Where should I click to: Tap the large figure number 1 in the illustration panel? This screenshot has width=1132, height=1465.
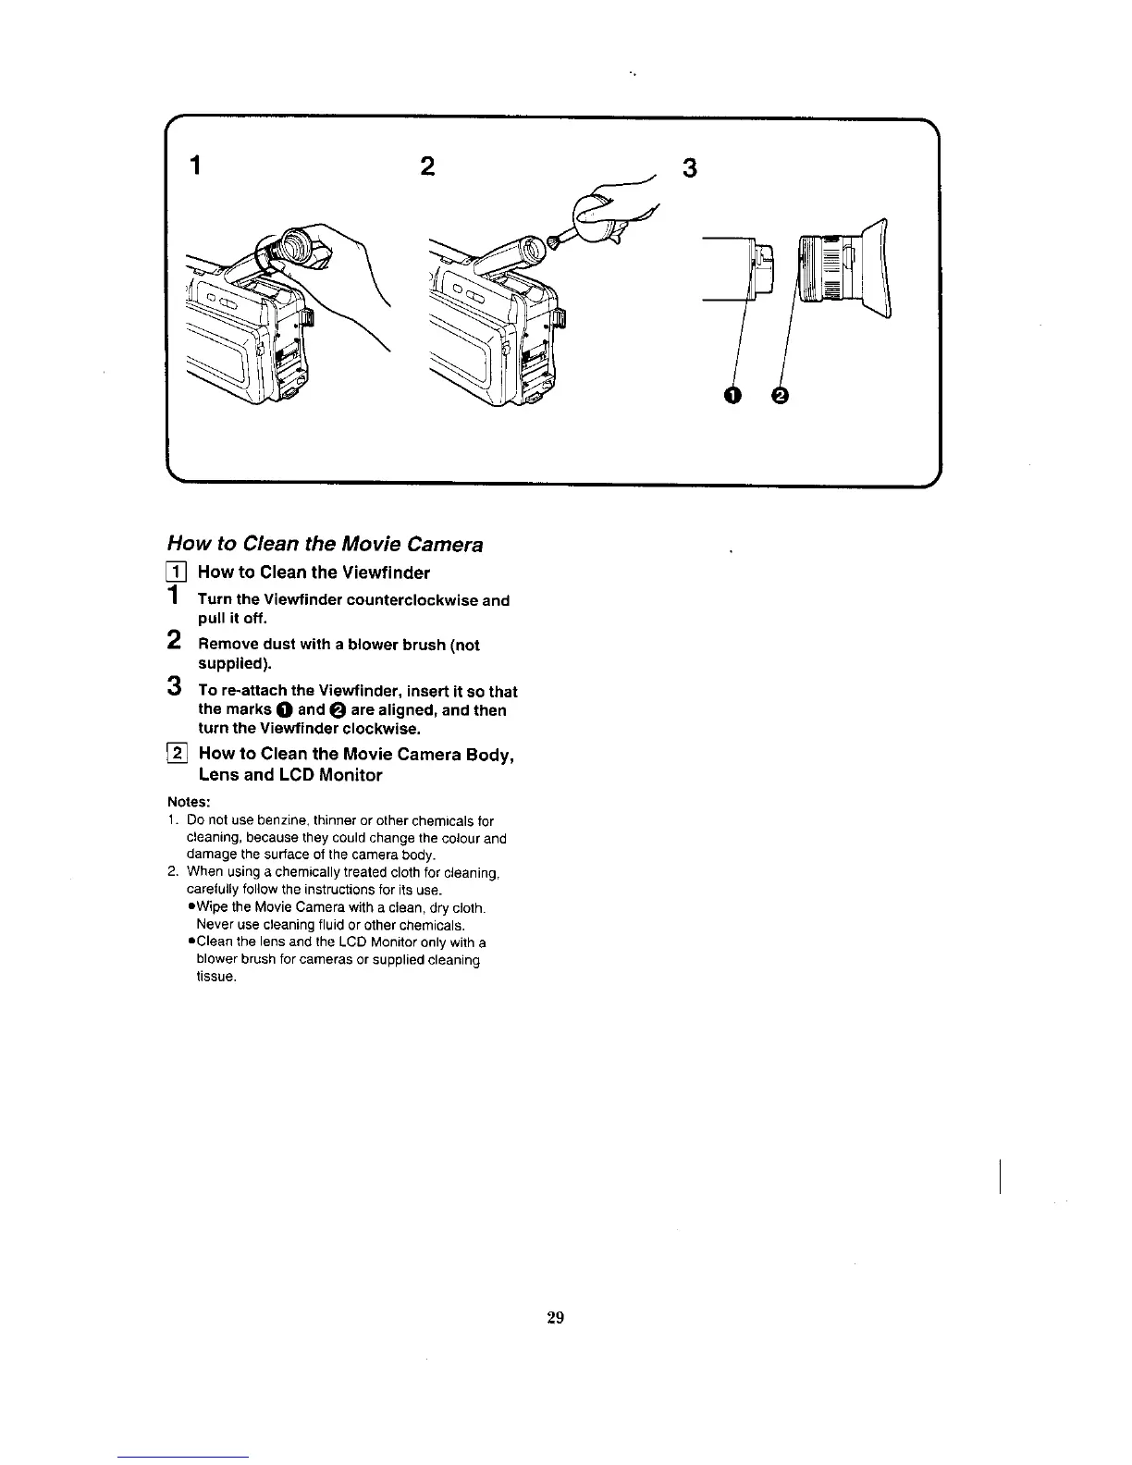click(x=195, y=167)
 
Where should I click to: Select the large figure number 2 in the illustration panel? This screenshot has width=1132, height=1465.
click(x=426, y=166)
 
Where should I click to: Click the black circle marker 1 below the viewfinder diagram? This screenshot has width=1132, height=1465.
click(x=732, y=396)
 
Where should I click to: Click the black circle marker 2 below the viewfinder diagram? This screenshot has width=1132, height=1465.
click(x=780, y=396)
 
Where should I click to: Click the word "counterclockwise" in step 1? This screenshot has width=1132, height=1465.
click(x=419, y=600)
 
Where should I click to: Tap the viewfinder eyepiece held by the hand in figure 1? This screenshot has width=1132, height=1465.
click(x=299, y=244)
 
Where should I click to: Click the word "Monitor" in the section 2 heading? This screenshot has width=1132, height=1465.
click(x=350, y=775)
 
